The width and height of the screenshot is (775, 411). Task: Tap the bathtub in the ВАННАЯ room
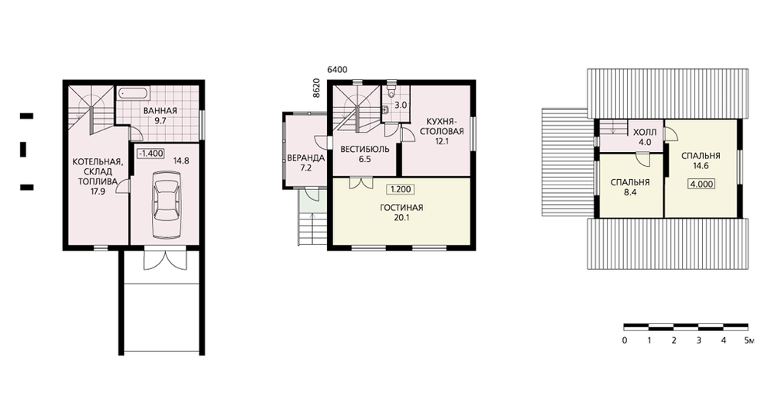tap(133, 93)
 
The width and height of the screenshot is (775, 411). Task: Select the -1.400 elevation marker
tap(151, 154)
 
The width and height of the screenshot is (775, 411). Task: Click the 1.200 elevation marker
tap(401, 189)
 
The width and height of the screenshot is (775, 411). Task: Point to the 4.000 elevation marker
tap(701, 184)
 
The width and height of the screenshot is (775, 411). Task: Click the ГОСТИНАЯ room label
tap(401, 208)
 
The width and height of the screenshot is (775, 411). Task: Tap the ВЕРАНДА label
tap(306, 158)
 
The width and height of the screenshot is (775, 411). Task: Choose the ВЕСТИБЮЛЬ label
tap(365, 150)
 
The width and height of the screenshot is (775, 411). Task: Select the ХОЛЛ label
tap(645, 133)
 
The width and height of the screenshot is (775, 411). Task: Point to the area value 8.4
tap(630, 193)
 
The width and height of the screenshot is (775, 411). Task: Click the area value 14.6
tap(701, 166)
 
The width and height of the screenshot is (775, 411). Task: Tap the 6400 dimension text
tap(337, 70)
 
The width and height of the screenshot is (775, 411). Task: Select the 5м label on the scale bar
tap(749, 340)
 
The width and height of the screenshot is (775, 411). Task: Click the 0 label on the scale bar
tap(625, 340)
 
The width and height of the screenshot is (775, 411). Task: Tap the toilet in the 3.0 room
tap(391, 91)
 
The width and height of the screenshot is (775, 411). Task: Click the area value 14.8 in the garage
tap(181, 161)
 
